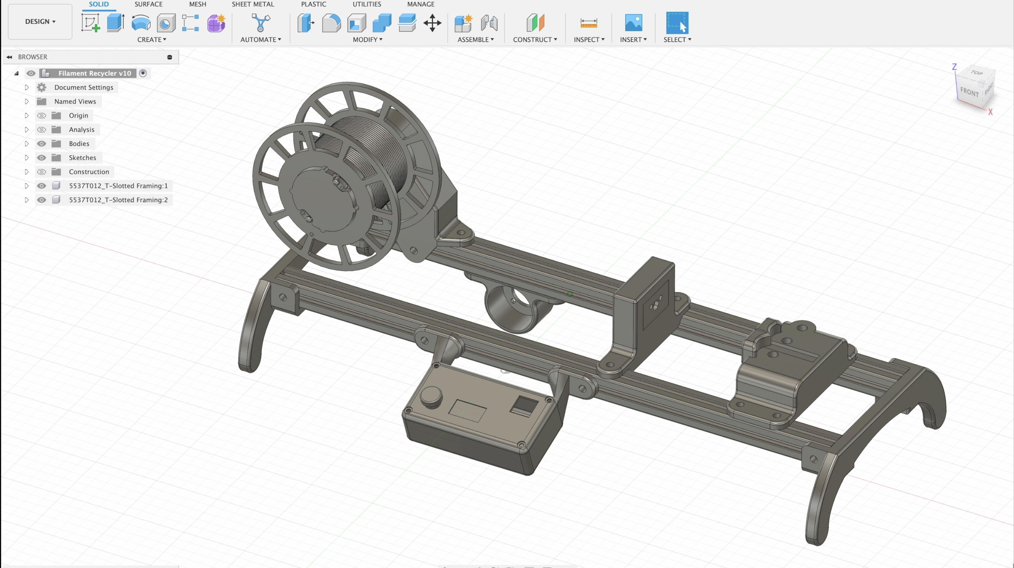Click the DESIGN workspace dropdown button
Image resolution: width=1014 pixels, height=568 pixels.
click(x=40, y=22)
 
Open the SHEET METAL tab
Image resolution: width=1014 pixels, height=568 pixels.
click(x=253, y=4)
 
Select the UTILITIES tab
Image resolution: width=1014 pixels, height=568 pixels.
click(x=366, y=4)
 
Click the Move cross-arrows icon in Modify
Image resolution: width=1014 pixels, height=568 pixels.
click(x=432, y=23)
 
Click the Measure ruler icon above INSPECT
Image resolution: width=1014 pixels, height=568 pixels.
click(x=589, y=23)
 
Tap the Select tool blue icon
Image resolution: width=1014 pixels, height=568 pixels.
click(x=677, y=23)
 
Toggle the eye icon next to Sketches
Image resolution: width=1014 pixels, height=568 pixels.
click(x=41, y=158)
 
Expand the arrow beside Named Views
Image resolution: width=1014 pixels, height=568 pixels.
click(x=27, y=102)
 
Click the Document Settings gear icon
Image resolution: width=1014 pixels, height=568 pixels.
click(x=42, y=87)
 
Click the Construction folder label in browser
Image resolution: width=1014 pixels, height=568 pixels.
click(x=89, y=172)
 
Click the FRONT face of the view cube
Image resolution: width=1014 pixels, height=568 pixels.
click(x=969, y=92)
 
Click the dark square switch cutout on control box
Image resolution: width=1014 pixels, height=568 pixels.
click(x=524, y=405)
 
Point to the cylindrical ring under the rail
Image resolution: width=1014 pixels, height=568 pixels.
click(x=508, y=311)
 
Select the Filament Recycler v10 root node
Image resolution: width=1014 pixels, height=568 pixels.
click(x=94, y=73)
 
